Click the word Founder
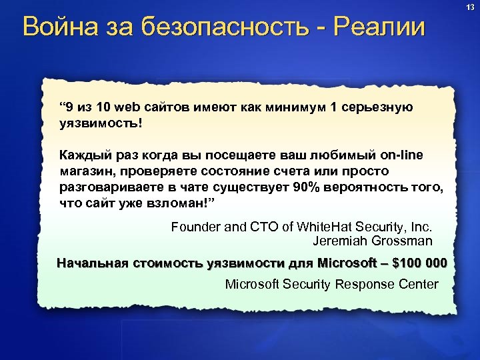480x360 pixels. pos(194,227)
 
